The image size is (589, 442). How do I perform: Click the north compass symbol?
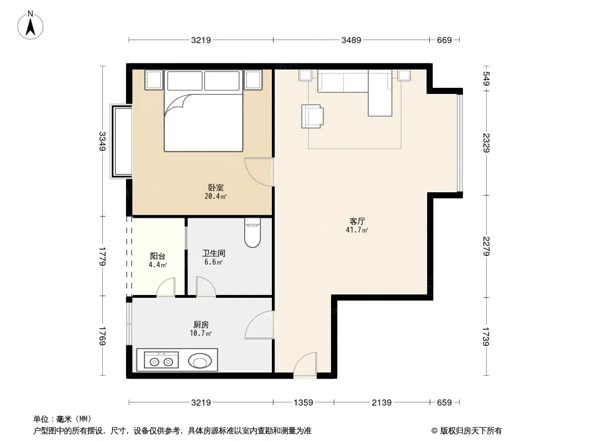[x=31, y=25]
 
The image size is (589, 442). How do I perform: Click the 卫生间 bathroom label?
[x=213, y=254]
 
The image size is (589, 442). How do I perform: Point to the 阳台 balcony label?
[x=157, y=256]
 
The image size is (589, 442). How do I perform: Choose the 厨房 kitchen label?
[x=201, y=325]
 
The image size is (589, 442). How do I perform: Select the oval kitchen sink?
[x=199, y=361]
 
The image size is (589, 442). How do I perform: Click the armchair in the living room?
[x=313, y=117]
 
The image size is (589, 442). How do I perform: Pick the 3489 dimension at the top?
[x=352, y=40]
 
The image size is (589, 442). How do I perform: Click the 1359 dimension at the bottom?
[x=303, y=403]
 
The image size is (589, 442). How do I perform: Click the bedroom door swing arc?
[x=257, y=172]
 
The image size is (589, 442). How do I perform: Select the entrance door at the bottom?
[x=305, y=366]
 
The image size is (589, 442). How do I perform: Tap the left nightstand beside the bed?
[x=153, y=80]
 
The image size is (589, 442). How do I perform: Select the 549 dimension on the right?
[x=486, y=80]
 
